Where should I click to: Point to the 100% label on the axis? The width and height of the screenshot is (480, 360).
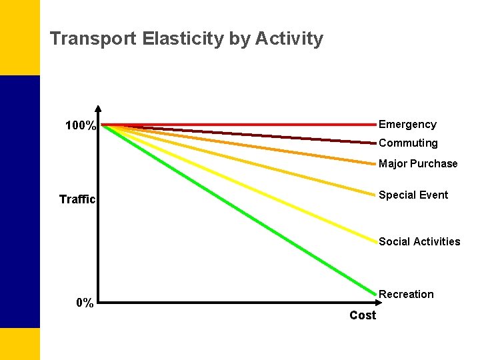[81, 126]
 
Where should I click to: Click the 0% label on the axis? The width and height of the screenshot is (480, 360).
[85, 303]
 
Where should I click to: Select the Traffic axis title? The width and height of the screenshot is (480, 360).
[77, 199]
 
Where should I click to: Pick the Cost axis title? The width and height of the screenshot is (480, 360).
[363, 315]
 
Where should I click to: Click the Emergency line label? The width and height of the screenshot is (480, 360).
[407, 125]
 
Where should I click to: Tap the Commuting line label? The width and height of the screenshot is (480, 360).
[408, 143]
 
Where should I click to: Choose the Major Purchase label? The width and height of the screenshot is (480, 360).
[418, 164]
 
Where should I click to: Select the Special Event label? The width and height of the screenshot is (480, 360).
[413, 195]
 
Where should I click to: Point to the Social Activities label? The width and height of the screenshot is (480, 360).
[419, 242]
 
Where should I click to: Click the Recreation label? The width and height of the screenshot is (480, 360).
[406, 295]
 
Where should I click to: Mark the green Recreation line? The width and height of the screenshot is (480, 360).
[240, 209]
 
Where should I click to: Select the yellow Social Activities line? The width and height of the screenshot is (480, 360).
[240, 183]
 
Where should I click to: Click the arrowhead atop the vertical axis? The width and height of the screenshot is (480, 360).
[98, 109]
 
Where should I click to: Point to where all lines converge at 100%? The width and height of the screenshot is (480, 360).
[104, 125]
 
